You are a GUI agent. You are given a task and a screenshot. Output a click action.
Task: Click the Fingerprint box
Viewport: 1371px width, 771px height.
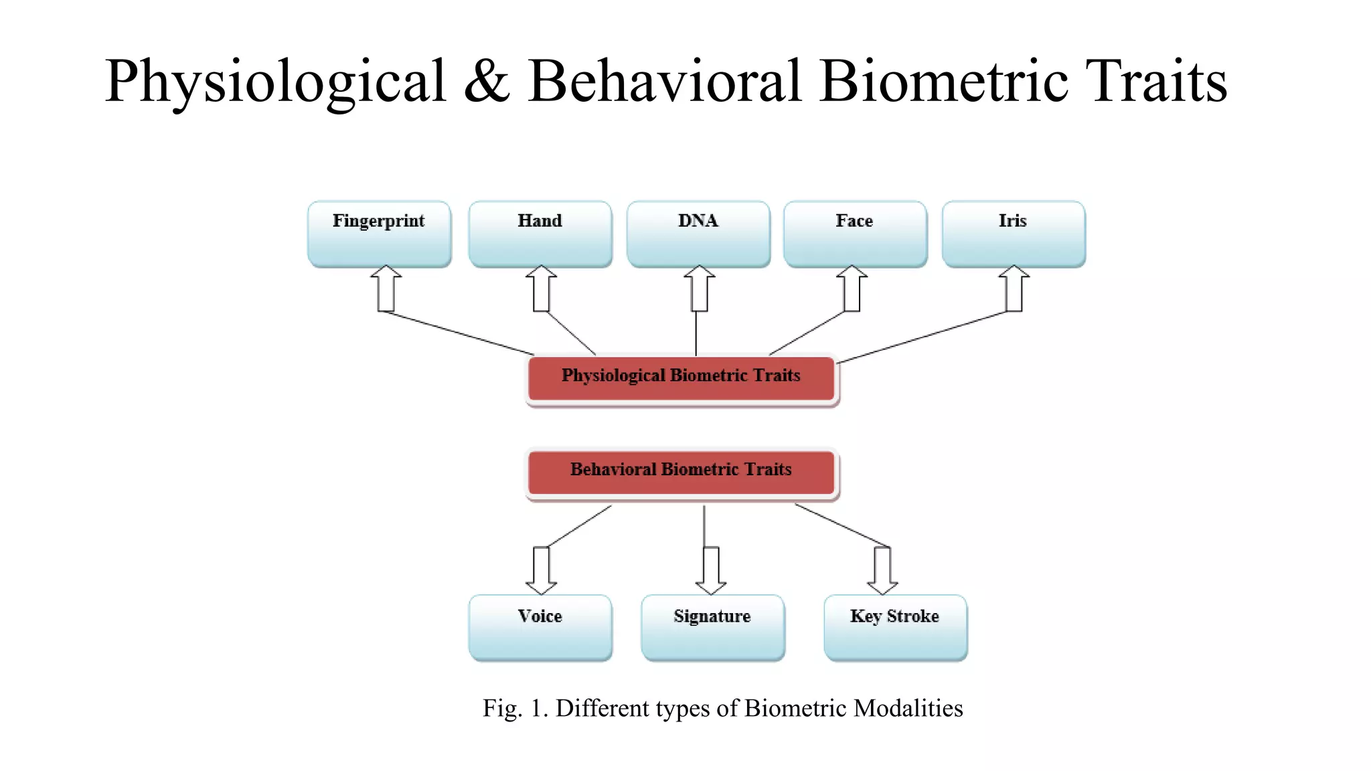pyautogui.click(x=379, y=234)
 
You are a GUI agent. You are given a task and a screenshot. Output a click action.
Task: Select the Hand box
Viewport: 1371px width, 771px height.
pyautogui.click(x=540, y=234)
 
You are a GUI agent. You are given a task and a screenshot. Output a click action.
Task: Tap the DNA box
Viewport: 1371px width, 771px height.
pyautogui.click(x=698, y=234)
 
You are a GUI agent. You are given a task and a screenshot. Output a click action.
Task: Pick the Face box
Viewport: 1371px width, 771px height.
pyautogui.click(x=855, y=234)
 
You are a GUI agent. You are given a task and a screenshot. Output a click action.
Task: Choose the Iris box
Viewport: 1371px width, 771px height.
pyautogui.click(x=1013, y=234)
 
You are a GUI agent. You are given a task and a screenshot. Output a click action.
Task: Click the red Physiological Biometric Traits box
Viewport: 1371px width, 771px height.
pyautogui.click(x=681, y=378)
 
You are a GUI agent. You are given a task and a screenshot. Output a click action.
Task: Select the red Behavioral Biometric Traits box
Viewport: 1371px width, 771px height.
pyautogui.click(x=681, y=473)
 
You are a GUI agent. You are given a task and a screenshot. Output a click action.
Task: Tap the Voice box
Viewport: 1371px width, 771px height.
pyautogui.click(x=540, y=628)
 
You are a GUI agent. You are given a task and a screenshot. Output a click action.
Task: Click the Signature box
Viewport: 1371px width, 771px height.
pyautogui.click(x=712, y=628)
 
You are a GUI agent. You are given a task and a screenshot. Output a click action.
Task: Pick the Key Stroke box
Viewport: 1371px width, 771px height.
pyautogui.click(x=895, y=628)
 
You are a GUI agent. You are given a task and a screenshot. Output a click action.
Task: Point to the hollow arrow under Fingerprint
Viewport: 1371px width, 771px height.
pyautogui.click(x=386, y=289)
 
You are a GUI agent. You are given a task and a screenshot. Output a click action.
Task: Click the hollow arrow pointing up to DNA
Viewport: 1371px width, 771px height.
pyautogui.click(x=700, y=289)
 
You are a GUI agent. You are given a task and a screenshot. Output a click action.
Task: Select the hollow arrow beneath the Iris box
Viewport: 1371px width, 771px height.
pyautogui.click(x=1014, y=289)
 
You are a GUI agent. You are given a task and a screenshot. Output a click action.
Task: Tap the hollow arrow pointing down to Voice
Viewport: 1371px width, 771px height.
pyautogui.click(x=541, y=570)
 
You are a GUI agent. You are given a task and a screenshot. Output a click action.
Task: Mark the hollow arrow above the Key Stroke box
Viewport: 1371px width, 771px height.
pyautogui.click(x=882, y=570)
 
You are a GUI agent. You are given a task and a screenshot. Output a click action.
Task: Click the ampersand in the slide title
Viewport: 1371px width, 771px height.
pyautogui.click(x=487, y=82)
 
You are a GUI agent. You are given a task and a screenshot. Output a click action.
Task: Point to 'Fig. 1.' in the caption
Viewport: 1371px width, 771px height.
pyautogui.click(x=515, y=708)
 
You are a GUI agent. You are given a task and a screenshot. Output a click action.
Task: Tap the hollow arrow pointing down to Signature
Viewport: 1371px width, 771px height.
pyautogui.click(x=711, y=570)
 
